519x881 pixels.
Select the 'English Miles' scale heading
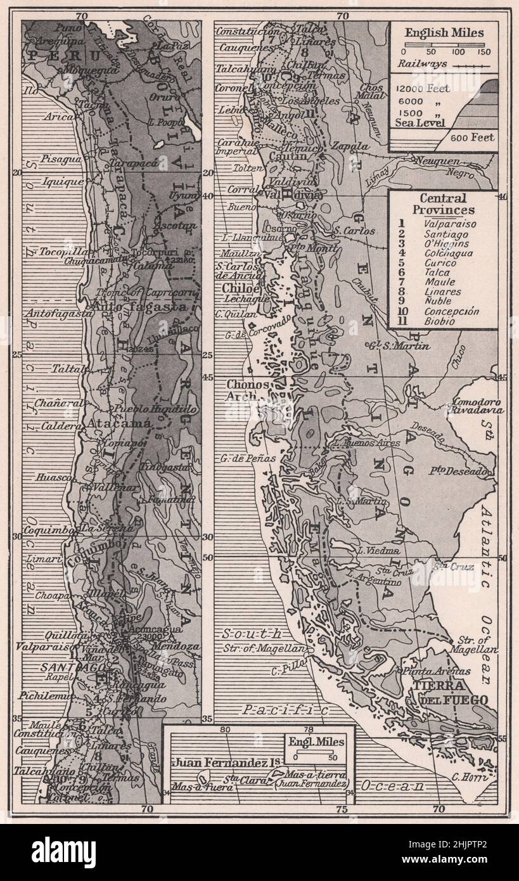444,33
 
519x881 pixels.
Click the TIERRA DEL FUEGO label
451,693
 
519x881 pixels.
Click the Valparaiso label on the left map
50,648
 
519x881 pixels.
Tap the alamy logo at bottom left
63,852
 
